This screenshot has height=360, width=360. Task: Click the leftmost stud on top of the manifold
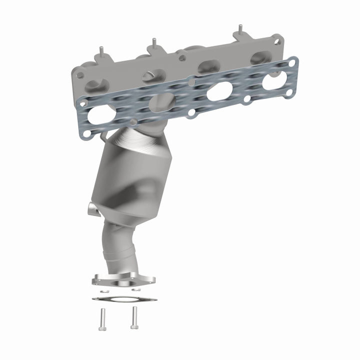(100, 51)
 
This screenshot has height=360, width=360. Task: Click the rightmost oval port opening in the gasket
(274, 80)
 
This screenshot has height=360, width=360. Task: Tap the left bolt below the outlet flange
(102, 317)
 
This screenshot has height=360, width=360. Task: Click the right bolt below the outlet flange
(133, 316)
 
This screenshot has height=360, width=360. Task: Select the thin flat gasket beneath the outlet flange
(124, 299)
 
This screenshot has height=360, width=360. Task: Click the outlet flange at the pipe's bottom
(123, 279)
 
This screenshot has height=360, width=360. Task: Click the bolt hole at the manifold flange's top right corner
(275, 40)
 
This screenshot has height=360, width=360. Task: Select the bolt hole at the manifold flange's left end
(79, 75)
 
